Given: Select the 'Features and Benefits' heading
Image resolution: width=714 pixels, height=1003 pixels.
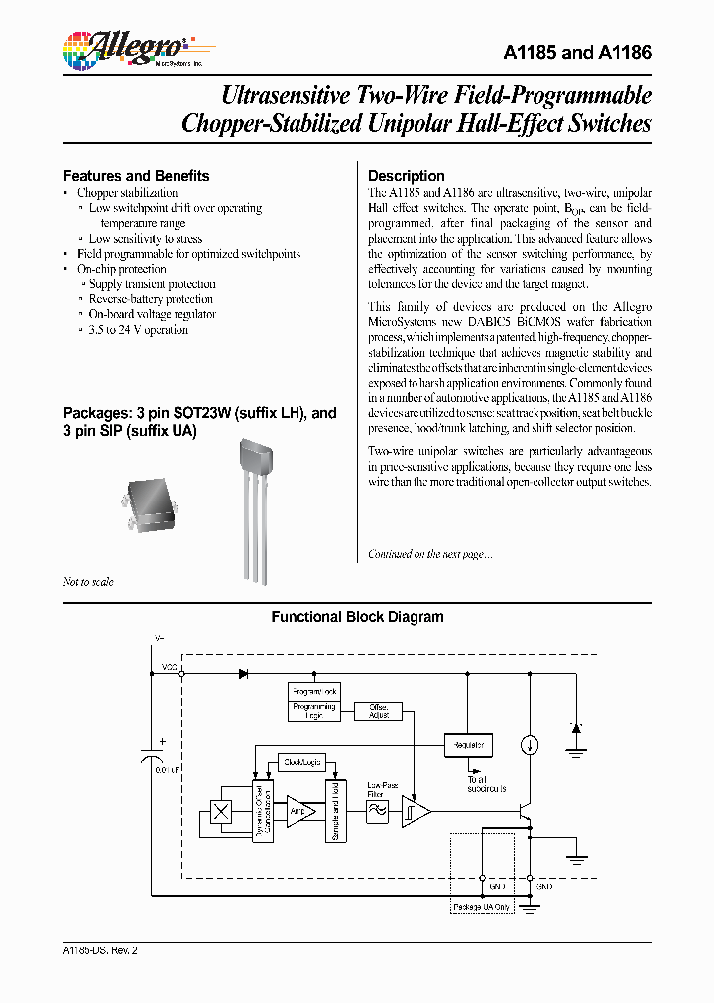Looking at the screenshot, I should [x=136, y=176].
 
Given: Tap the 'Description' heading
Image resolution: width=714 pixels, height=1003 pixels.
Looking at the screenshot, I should [x=406, y=176].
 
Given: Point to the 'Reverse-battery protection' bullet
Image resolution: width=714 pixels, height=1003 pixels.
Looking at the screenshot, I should [x=151, y=299].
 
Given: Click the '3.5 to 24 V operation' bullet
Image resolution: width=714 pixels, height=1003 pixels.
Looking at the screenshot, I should [x=138, y=329].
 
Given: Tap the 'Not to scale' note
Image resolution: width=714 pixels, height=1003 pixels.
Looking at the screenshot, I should [x=88, y=582].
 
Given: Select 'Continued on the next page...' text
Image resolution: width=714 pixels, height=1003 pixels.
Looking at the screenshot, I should [x=429, y=554].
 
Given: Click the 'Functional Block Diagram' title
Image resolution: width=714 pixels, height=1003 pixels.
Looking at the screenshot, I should [x=357, y=617].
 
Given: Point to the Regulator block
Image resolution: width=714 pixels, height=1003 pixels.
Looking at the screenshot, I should [x=468, y=744].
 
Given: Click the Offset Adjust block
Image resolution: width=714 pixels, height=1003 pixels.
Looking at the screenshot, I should [x=378, y=710].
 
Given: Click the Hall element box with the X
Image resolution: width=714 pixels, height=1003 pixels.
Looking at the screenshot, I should [x=223, y=811].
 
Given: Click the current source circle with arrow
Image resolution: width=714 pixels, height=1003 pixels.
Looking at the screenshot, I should [x=531, y=745].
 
